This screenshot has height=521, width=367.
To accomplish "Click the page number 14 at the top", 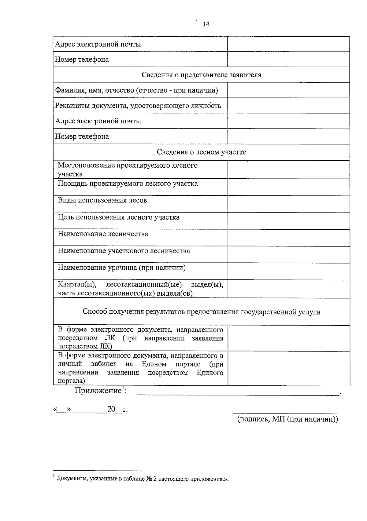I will click(x=206, y=24).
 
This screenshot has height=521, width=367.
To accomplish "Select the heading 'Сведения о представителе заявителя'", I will click(x=201, y=75).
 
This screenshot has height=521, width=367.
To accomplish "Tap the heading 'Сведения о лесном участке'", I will click(x=201, y=152).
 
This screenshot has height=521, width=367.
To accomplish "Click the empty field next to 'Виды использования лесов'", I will click(x=288, y=204).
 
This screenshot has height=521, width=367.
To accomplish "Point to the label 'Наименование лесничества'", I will click(x=103, y=234).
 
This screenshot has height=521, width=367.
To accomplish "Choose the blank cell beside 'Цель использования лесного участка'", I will click(x=288, y=220).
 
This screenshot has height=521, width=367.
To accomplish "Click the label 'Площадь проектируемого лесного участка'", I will click(x=128, y=184).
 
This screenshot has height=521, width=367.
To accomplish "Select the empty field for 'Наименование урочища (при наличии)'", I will click(x=288, y=271).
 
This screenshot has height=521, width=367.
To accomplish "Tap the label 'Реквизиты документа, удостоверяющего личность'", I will click(x=138, y=106).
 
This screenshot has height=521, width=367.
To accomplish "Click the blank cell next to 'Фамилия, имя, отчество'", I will click(x=288, y=90).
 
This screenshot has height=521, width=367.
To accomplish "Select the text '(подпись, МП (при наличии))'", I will click(x=287, y=419).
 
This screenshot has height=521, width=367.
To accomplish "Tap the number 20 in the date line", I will click(x=111, y=409).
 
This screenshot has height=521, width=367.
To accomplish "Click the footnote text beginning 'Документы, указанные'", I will click(x=142, y=479).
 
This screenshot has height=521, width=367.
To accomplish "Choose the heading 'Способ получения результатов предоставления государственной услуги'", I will click(x=201, y=312).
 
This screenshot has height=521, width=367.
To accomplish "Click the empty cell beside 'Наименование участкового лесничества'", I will click(x=288, y=254).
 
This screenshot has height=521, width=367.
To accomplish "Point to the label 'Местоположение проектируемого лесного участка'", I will click(x=128, y=169).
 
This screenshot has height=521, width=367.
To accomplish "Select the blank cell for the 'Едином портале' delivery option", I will click(x=288, y=368).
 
